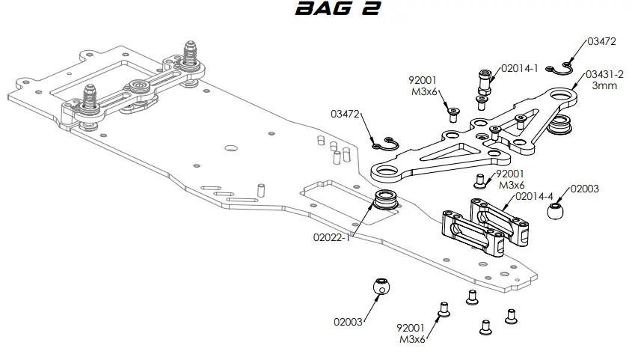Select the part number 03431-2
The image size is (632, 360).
(604, 74)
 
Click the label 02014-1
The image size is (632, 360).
(520, 68)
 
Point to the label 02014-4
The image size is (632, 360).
(534, 197)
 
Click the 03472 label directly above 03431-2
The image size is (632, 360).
(601, 41)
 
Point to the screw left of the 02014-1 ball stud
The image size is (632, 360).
(453, 113)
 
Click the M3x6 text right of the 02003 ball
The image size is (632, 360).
(411, 338)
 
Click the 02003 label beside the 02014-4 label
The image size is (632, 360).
(585, 189)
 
